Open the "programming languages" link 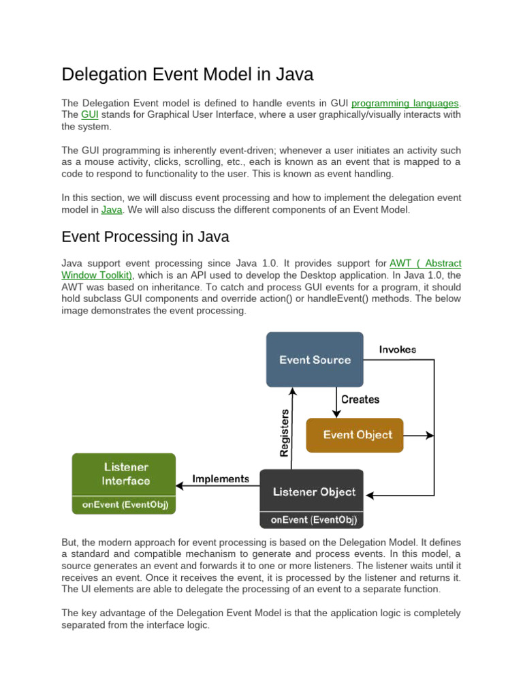point(406,103)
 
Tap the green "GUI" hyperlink point(89,115)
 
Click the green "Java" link point(112,209)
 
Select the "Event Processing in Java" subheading point(145,237)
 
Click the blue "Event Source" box point(314,359)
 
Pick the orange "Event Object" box point(354,434)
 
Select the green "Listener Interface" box point(123,474)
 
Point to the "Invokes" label point(398,350)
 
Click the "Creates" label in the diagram point(360,399)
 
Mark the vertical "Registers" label point(285,432)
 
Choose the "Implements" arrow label point(220,479)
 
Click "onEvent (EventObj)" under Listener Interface point(123,505)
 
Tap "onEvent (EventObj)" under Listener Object point(311,519)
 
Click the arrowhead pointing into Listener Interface point(179,485)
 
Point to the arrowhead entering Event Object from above point(336,413)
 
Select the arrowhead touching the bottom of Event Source point(292,391)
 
